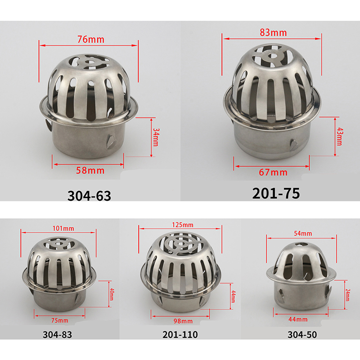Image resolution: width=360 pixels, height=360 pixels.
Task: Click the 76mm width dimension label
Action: point(91,40)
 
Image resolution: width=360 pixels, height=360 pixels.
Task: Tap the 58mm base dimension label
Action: point(90,171)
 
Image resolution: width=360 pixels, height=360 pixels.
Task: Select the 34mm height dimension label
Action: point(156,137)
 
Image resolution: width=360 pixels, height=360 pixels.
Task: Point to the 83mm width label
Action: point(273,32)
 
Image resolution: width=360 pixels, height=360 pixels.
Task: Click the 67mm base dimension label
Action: point(273,172)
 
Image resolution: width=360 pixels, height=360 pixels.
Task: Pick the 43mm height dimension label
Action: point(339,136)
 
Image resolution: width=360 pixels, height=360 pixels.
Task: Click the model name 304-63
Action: point(89,196)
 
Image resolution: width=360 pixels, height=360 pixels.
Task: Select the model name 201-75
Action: point(276,193)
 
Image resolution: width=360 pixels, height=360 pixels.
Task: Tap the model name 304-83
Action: point(58,335)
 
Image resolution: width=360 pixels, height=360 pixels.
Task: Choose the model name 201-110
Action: point(180,335)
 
